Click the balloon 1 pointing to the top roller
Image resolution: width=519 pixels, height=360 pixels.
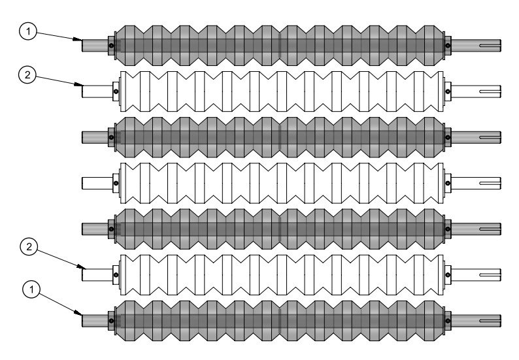click(x=28, y=31)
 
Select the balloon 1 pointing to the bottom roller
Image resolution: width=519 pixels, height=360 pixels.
click(x=31, y=290)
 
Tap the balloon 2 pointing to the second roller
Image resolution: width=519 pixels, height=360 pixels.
click(x=27, y=74)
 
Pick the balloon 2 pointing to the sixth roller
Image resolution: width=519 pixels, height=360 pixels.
click(x=29, y=247)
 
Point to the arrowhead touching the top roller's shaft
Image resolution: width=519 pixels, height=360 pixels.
click(x=78, y=39)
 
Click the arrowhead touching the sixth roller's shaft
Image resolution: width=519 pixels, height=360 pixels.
click(x=81, y=267)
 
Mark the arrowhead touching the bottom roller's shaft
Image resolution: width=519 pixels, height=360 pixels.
click(x=78, y=313)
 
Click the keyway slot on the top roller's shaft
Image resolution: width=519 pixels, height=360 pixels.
click(x=490, y=46)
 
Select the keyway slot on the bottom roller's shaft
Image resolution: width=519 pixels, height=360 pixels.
click(x=490, y=321)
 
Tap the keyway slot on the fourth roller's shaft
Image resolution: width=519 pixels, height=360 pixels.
click(x=490, y=183)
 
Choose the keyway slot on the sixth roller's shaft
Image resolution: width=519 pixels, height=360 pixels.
click(x=490, y=274)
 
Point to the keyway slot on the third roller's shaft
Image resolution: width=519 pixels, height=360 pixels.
click(x=490, y=137)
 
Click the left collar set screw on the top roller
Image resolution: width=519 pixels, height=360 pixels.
click(x=111, y=45)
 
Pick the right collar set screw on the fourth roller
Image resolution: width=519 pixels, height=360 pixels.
click(x=448, y=183)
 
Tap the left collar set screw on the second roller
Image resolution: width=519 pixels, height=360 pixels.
click(x=116, y=91)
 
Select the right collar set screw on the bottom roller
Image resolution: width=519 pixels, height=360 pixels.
click(x=448, y=321)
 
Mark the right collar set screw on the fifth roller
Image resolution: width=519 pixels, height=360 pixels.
click(x=448, y=229)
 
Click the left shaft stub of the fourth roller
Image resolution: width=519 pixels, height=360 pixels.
click(x=97, y=183)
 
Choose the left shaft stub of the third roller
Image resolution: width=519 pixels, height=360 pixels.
click(x=95, y=137)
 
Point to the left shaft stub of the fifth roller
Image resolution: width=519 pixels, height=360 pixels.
click(x=95, y=229)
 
